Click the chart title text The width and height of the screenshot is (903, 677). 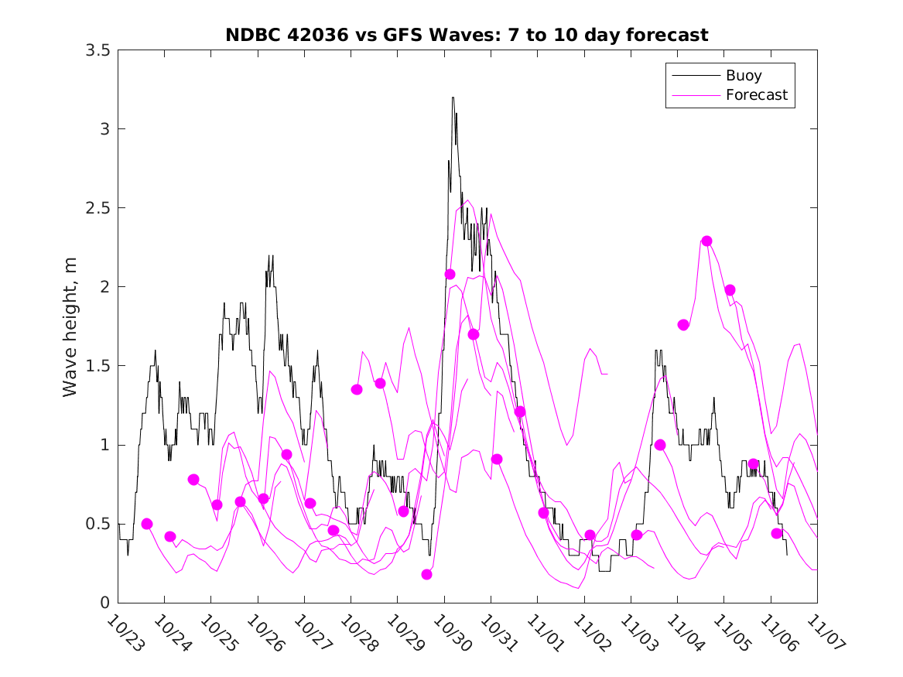(x=467, y=35)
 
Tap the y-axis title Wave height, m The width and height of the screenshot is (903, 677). (x=70, y=327)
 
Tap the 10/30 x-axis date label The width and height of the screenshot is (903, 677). (x=449, y=631)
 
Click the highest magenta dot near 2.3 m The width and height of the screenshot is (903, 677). (x=706, y=241)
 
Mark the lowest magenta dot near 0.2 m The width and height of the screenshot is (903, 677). (x=427, y=574)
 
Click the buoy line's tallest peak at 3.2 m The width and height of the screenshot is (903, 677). (x=453, y=97)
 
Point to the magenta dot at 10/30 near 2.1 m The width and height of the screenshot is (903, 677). (x=450, y=274)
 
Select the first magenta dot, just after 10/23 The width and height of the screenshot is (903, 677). (x=147, y=524)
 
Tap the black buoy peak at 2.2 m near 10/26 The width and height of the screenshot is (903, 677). (x=270, y=255)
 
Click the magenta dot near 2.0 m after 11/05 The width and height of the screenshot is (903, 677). (x=730, y=290)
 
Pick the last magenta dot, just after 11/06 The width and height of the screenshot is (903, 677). (x=776, y=533)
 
